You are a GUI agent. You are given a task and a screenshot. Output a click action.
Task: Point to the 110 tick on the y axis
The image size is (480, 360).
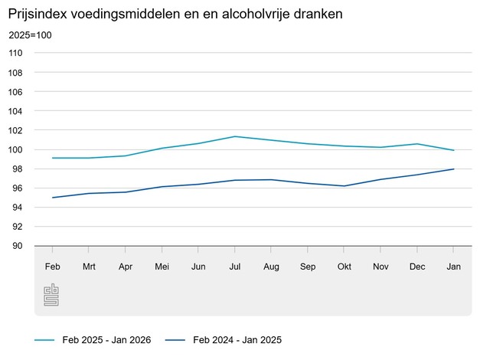(16, 53)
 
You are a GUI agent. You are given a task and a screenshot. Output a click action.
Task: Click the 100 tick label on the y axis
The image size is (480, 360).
(16, 149)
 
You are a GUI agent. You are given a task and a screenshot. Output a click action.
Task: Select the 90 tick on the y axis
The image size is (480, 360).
(18, 246)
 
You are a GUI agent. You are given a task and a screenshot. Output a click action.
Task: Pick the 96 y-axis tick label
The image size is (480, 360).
(18, 188)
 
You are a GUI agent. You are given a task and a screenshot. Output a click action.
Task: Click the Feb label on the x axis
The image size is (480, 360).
(52, 266)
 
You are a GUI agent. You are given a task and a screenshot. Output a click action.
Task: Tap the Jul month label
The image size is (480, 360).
(234, 266)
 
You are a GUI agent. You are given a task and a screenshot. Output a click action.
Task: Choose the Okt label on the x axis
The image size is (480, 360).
(344, 266)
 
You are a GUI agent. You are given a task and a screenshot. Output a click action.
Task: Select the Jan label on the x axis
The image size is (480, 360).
(453, 266)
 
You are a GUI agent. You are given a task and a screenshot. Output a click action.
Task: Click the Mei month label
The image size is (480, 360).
(162, 266)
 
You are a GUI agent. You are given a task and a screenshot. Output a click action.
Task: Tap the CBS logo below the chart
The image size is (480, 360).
(51, 295)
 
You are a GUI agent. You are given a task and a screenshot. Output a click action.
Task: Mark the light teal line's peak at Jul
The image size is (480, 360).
(234, 136)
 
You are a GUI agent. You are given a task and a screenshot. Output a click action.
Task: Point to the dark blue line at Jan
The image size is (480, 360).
(453, 169)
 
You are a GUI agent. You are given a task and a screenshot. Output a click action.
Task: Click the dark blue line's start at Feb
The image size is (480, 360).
(52, 198)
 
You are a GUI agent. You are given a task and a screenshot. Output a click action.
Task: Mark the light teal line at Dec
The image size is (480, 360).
(416, 144)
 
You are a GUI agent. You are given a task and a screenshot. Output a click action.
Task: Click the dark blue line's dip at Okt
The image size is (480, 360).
(344, 186)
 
